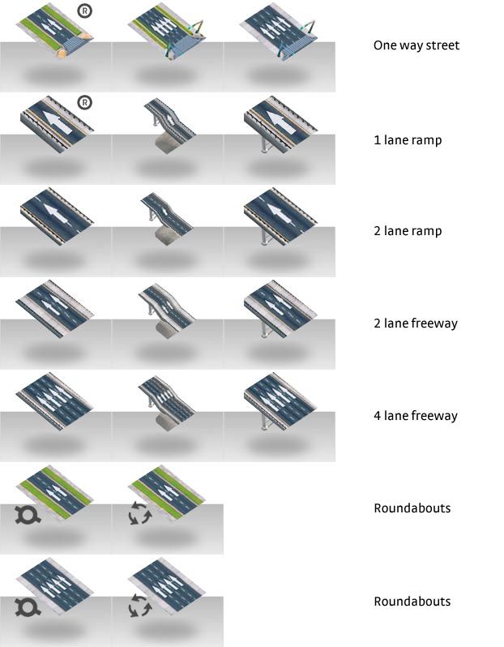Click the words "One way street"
point(416,45)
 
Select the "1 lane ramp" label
point(408,140)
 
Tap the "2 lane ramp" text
point(408,230)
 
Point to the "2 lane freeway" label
point(416,323)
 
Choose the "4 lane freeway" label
point(416,415)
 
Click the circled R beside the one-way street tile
point(84,11)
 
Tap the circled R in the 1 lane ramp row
point(84,102)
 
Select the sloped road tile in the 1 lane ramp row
point(169,126)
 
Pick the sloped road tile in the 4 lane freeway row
point(167,403)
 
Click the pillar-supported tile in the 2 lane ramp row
point(280,216)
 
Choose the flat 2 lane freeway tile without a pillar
point(55,308)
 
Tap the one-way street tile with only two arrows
point(55,30)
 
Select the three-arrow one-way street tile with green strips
point(167,32)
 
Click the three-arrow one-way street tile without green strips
point(279,32)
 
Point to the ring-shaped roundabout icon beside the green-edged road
point(28,515)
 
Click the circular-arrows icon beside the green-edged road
point(140,513)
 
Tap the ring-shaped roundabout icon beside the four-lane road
point(28,607)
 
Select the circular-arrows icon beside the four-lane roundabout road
point(140,606)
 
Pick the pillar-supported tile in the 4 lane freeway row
point(280,401)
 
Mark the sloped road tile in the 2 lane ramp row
point(167,219)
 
